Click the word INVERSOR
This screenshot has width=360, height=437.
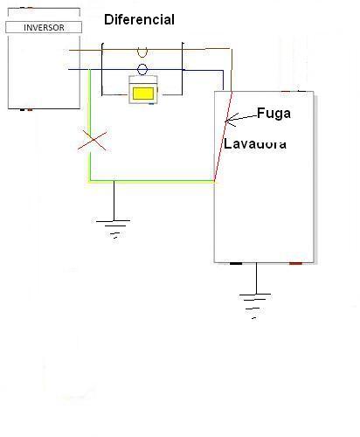[x=44, y=28]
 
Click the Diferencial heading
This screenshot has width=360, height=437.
[x=139, y=20]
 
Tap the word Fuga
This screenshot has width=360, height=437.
[x=273, y=114]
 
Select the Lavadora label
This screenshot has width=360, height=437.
[x=255, y=144]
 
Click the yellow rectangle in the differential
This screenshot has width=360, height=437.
[x=143, y=94]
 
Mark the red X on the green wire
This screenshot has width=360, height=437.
[x=93, y=141]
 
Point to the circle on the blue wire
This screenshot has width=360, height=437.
[x=142, y=69]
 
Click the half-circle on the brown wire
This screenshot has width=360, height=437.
[x=142, y=54]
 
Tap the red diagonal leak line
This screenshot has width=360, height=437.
[x=223, y=136]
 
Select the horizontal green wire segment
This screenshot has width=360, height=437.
[x=152, y=181]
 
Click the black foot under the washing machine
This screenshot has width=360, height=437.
[x=236, y=264]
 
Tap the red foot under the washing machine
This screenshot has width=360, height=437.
[x=295, y=264]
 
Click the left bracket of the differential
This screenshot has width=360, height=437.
[x=102, y=69]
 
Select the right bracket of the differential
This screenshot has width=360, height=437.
[x=183, y=69]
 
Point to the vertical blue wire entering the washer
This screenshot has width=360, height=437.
[x=223, y=80]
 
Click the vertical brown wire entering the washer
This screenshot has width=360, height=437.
[x=232, y=70]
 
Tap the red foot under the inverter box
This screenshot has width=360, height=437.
[x=30, y=110]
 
